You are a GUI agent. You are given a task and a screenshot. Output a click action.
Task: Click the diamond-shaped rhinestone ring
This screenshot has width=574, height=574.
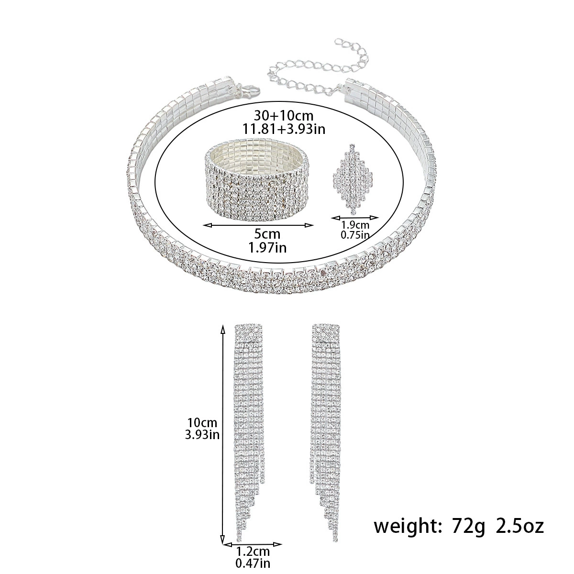(x=353, y=179)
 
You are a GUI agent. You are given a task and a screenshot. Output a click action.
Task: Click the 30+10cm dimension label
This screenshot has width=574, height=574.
(x=283, y=115)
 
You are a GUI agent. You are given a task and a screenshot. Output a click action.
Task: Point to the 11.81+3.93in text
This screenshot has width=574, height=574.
(x=283, y=130)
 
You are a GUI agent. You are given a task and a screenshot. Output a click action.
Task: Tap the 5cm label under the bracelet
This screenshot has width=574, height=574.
(x=267, y=234)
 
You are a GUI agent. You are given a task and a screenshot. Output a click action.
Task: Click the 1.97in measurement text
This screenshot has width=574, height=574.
(x=267, y=248)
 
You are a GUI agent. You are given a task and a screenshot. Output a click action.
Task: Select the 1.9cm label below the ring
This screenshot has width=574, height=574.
(x=355, y=225)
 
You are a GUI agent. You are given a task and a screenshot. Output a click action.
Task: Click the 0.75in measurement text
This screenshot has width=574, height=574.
(x=355, y=235)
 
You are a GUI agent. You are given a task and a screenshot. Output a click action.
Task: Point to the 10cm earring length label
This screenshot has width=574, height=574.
(x=202, y=423)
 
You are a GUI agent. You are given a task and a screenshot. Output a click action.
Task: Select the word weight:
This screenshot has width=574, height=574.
(x=408, y=527)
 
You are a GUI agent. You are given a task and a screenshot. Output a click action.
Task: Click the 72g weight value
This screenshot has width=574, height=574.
(x=468, y=527)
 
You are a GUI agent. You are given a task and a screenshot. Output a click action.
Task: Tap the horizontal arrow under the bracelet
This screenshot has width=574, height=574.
(x=258, y=225)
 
